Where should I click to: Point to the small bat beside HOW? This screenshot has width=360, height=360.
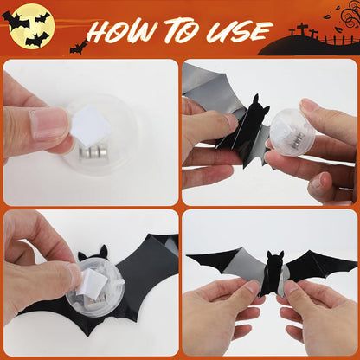(79, 45)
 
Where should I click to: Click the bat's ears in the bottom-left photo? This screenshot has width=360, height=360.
(98, 252)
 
